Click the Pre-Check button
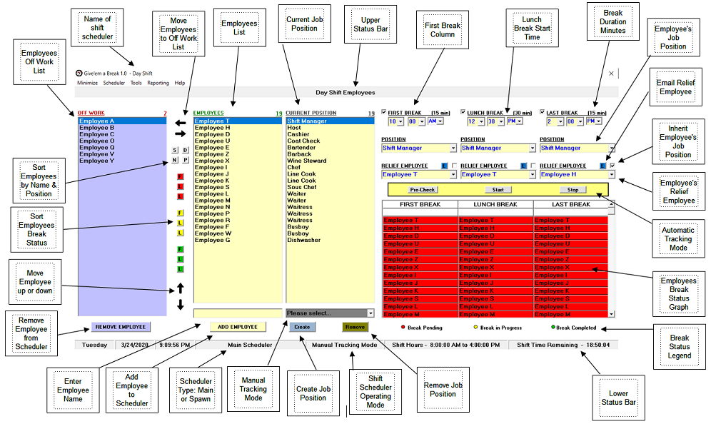pos(423,190)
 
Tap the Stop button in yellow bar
pos(573,190)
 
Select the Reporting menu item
pos(158,83)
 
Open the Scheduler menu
pos(114,83)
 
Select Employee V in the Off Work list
pos(97,154)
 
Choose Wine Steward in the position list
pos(307,161)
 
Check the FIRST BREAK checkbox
pos(384,112)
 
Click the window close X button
pos(611,73)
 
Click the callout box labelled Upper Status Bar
pos(367,25)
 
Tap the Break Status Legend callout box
pos(680,346)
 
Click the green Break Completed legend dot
pos(553,328)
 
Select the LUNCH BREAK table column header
pos(495,205)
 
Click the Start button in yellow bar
pos(498,190)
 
